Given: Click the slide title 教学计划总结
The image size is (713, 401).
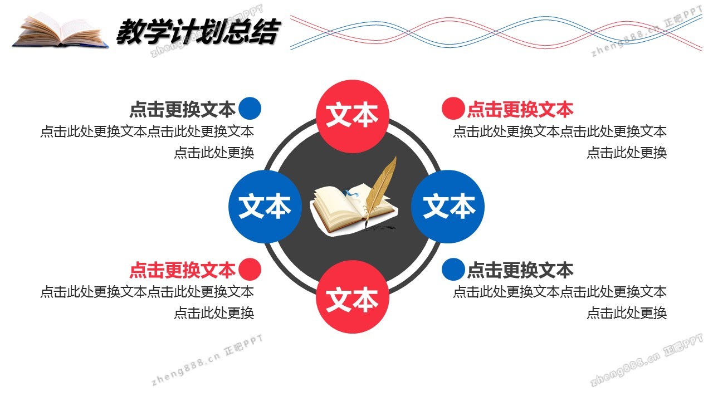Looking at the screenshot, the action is click(198, 31).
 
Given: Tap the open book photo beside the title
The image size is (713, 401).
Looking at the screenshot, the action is click(61, 31).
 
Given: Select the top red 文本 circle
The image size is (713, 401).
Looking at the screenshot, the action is click(353, 116).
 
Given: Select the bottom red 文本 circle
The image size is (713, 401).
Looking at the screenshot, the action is click(353, 297).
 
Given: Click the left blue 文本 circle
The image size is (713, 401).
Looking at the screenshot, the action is click(265, 207).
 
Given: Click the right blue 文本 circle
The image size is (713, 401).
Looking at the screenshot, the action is click(448, 207).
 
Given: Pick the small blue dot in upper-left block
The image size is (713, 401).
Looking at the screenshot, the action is click(250, 108).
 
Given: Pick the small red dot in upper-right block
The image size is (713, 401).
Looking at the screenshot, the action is click(453, 108).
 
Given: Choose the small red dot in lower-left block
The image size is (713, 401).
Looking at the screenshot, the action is click(250, 269).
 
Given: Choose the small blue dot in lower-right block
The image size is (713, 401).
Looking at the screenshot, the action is click(453, 269).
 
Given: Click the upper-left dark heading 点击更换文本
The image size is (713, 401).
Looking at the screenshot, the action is click(182, 109).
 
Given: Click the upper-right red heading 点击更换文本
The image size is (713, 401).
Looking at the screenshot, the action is click(520, 109).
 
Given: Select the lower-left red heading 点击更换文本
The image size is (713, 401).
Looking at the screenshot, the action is click(182, 270).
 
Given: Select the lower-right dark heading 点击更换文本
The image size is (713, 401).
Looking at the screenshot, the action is click(520, 270).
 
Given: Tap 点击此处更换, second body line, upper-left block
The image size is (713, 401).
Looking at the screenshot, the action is click(214, 153).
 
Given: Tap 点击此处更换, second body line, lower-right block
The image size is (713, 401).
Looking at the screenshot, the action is click(627, 313).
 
